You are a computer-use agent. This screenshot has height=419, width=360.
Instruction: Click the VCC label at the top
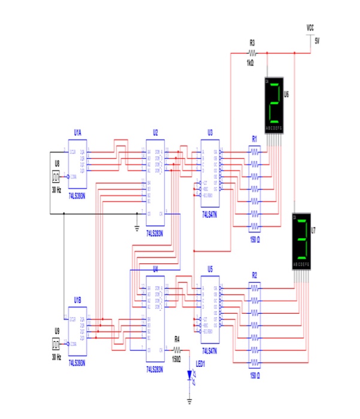coord(310,28)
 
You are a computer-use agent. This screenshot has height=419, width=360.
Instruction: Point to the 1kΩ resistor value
coord(250,62)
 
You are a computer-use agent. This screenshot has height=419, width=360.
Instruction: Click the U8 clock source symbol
coord(56,177)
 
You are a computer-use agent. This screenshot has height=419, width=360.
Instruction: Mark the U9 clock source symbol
coord(56,344)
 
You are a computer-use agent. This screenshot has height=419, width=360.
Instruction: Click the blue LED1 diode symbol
coord(190,377)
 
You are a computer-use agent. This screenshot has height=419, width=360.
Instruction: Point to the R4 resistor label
coord(177,339)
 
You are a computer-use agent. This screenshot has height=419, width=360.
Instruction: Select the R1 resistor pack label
coord(255,138)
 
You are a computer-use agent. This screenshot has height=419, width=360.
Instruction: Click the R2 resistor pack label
coord(255,274)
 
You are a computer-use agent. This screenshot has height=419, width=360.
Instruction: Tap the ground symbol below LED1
coord(190,400)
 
